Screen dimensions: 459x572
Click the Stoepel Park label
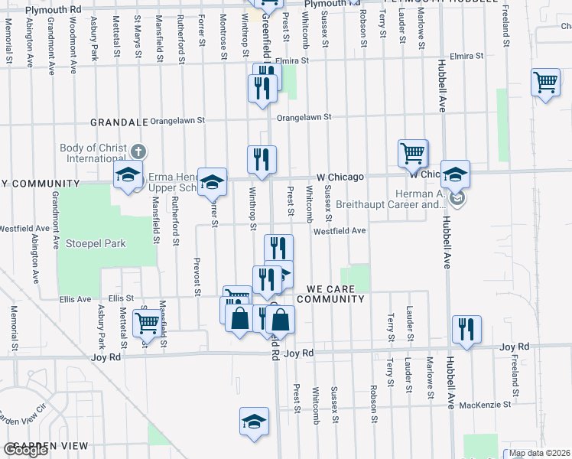coord(95,243)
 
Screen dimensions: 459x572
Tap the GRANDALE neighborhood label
coord(119,122)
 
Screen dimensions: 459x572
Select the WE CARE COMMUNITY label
coord(335,294)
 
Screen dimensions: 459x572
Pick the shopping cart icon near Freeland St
coord(545,82)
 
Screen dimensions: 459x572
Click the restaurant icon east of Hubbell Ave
coord(466,328)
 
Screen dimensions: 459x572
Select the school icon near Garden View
coord(255,421)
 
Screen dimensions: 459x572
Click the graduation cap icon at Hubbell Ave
coord(455,174)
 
